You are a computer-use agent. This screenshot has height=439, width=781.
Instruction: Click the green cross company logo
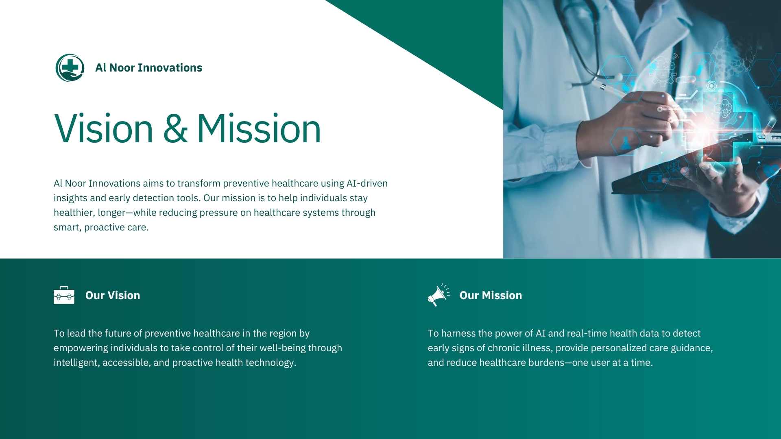point(70,68)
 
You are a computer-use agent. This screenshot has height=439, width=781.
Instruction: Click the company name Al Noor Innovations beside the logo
point(148,68)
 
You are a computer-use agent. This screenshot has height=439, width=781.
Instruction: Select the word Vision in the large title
point(104,129)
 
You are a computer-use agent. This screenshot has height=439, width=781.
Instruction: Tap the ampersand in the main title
point(175,129)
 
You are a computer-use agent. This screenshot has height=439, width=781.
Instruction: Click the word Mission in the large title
point(259,129)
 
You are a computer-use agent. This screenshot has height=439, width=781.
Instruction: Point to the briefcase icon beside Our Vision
point(64,295)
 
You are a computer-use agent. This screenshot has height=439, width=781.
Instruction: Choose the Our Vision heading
point(113,296)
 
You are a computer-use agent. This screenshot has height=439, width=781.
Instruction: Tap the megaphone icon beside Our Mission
point(439,295)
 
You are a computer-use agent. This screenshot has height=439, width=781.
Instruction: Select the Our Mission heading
point(491,296)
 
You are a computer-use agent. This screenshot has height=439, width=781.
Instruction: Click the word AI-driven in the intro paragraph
point(367,183)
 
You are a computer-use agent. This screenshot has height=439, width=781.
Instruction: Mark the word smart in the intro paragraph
point(68,228)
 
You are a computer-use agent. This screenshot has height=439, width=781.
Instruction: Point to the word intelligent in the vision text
point(76,363)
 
